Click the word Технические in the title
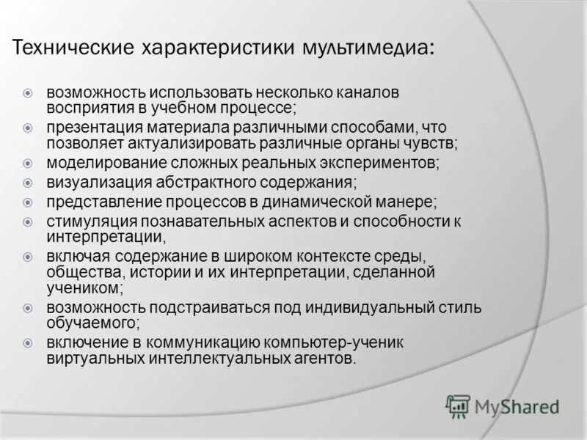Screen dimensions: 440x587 tap(70, 48)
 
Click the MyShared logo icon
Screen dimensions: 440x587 tap(458, 406)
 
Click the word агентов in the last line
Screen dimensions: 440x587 tap(327, 359)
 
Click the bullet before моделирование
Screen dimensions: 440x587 tap(28, 163)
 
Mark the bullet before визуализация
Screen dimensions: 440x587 tap(28, 182)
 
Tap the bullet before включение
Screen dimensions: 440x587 tap(28, 342)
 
